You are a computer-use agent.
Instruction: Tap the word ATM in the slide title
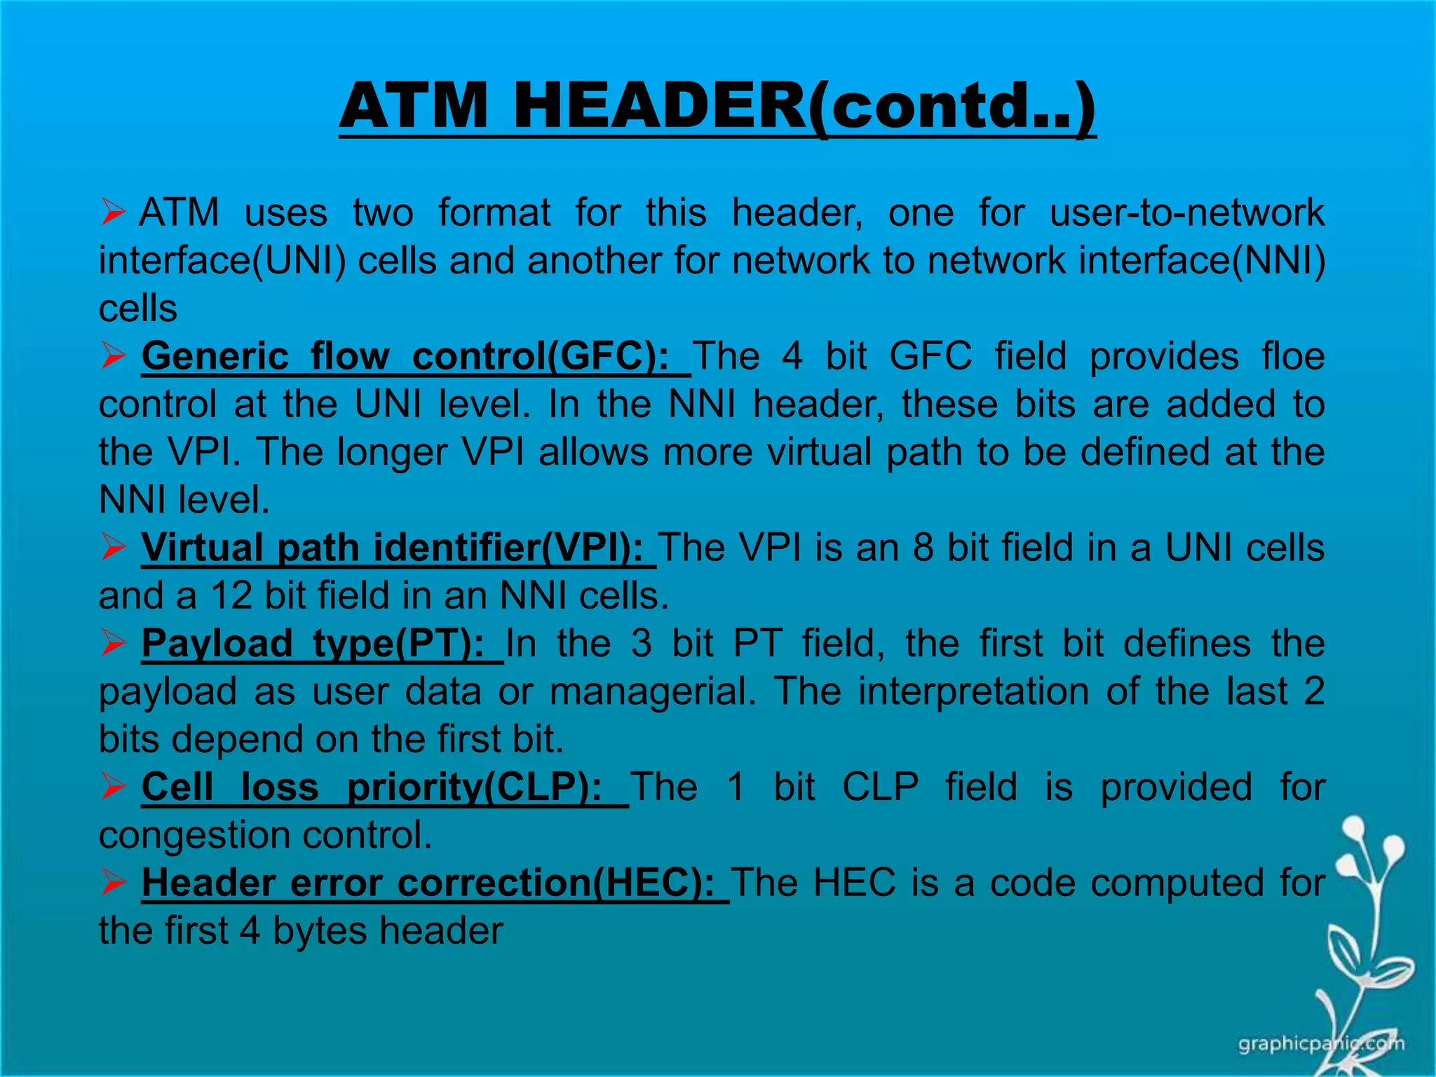[x=413, y=107]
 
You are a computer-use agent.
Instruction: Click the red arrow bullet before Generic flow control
[x=113, y=355]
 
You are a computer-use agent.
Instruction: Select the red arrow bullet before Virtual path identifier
[x=113, y=547]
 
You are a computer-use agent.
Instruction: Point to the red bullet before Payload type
[x=113, y=643]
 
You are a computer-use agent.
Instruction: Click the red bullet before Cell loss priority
[x=113, y=787]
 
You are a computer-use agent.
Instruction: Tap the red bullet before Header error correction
[x=113, y=882]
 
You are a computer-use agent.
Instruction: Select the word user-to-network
[x=1186, y=212]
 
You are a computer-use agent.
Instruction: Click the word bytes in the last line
[x=319, y=931]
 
